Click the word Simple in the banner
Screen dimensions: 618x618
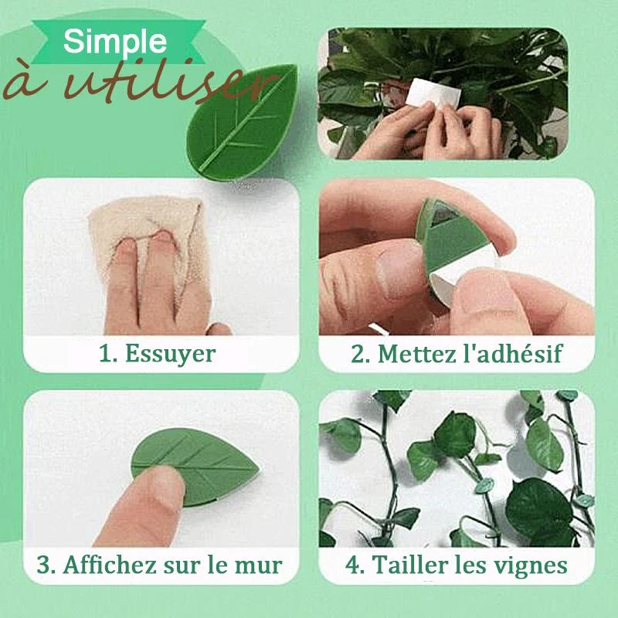pyautogui.click(x=114, y=42)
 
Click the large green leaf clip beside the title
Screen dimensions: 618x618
pyautogui.click(x=243, y=122)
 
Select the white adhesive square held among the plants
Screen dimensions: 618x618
pyautogui.click(x=433, y=93)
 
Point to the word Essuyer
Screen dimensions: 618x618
pyautogui.click(x=170, y=354)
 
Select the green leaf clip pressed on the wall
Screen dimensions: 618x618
pyautogui.click(x=195, y=467)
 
